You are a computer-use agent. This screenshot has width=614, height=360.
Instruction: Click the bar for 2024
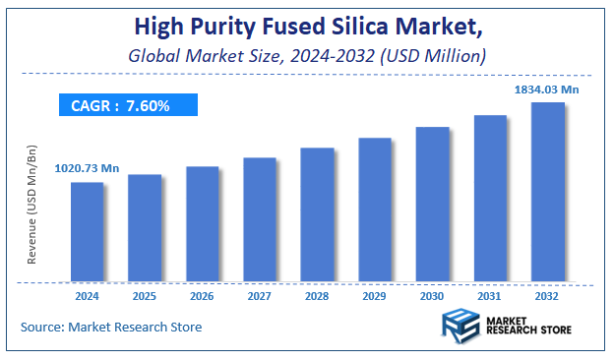88,232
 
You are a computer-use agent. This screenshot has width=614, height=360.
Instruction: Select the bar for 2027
260,219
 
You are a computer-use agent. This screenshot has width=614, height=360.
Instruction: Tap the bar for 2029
375,210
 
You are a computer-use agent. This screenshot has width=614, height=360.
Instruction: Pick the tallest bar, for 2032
548,192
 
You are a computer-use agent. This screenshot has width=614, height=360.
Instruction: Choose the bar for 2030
432,204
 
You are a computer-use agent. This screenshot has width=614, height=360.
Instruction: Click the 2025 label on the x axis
145,294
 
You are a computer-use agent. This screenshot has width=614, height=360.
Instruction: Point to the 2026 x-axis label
202,294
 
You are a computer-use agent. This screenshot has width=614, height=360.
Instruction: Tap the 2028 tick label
317,294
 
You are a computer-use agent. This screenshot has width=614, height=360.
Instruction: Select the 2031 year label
490,294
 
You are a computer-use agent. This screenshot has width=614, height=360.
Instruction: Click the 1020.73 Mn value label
87,169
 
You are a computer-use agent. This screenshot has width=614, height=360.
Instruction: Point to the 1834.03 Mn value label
547,90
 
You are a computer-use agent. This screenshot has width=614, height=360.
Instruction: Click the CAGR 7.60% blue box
127,105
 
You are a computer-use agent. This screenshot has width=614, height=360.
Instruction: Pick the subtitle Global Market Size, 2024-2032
307,55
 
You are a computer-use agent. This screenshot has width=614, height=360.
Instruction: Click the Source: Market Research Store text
111,327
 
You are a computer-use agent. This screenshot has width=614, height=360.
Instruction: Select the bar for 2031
490,198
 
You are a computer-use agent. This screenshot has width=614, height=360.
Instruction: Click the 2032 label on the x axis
548,294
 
